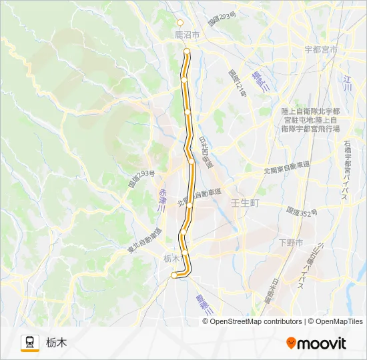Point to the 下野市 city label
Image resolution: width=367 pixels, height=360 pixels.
(290, 242)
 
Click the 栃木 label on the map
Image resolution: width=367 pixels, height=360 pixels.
(172, 258)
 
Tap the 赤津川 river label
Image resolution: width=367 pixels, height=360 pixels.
(161, 200)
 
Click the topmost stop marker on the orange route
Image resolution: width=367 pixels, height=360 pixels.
(187, 51)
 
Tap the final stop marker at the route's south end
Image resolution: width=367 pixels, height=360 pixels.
(174, 275)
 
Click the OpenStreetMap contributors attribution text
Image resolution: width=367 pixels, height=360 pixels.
(254, 321)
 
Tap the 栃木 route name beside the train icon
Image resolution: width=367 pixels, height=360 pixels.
(57, 343)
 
